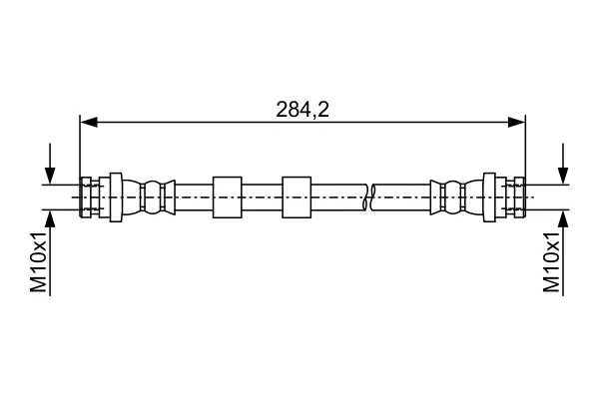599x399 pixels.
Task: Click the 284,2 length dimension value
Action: tap(302, 110)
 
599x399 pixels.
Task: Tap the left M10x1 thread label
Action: tap(39, 262)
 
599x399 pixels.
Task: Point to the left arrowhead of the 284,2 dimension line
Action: tap(89, 122)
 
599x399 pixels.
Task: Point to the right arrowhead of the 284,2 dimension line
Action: tap(516, 122)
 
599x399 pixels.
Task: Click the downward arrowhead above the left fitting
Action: tap(50, 176)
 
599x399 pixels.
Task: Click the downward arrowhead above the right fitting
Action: tap(563, 176)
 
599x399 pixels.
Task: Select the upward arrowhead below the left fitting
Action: tap(50, 218)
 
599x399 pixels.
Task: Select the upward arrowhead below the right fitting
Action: tap(563, 218)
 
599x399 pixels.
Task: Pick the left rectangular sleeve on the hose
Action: tap(228, 198)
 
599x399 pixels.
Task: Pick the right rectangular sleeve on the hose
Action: tap(297, 198)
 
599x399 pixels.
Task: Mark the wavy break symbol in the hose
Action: tap(368, 198)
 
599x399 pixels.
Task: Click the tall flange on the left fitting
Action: tap(116, 198)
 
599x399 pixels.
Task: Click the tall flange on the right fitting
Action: tap(489, 198)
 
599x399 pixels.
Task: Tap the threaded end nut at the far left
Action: tap(86, 198)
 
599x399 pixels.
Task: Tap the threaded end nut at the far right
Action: tap(519, 198)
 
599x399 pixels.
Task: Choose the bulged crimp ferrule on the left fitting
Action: tap(153, 198)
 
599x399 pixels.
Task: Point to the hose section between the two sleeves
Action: tap(262, 198)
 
